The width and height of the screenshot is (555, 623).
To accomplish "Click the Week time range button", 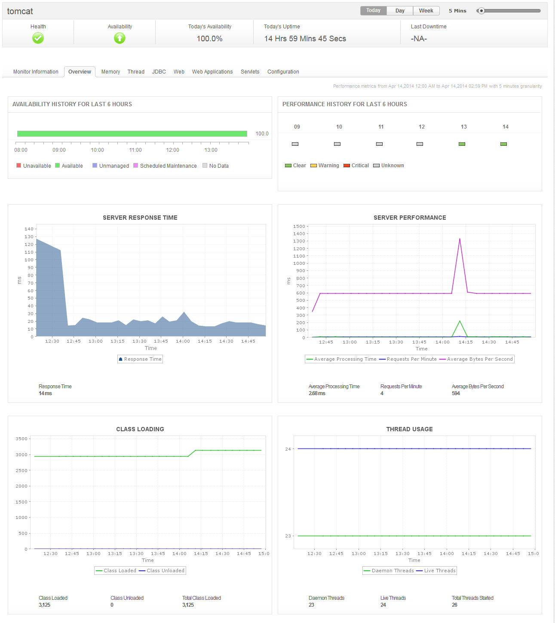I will [x=426, y=11].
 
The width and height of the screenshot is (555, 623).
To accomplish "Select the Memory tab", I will [x=110, y=72].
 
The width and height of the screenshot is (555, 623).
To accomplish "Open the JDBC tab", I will [x=159, y=72].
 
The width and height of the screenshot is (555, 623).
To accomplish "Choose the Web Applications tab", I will [x=212, y=72].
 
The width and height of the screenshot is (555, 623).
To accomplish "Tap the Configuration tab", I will [x=283, y=72].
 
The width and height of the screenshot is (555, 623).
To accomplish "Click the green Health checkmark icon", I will [x=38, y=39].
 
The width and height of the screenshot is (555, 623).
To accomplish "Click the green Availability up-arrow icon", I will [x=120, y=39].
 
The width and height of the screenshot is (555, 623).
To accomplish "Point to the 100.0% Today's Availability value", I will [x=209, y=39].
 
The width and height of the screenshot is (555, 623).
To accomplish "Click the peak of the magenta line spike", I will [x=460, y=239].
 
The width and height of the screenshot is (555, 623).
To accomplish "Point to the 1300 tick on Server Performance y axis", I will [x=299, y=241].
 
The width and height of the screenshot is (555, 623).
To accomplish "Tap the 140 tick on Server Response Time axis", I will [x=29, y=229].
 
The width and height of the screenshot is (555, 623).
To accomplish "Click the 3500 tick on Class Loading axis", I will [x=21, y=439].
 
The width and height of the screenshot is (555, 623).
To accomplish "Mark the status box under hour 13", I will [x=462, y=144].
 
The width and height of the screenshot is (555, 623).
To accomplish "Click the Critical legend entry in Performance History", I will [x=360, y=166].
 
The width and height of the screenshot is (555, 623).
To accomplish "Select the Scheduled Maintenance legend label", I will [x=168, y=166].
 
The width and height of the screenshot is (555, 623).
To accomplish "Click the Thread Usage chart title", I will [x=409, y=429].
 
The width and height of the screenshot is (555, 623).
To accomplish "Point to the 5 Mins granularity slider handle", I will [x=481, y=11].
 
